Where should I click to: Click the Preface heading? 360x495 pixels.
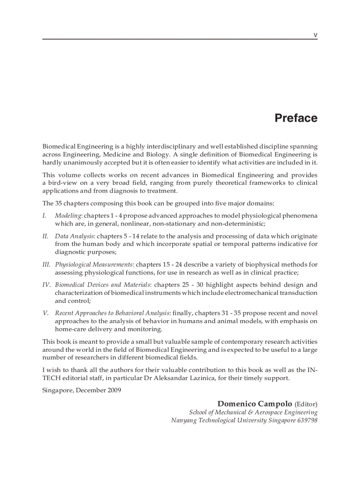click(296, 118)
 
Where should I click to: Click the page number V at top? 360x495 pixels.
click(315, 35)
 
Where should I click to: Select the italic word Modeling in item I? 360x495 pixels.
click(68, 216)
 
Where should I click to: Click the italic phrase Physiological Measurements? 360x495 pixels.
click(94, 264)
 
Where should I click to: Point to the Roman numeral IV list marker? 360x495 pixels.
click(46, 285)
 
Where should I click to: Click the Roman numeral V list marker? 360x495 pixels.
click(45, 313)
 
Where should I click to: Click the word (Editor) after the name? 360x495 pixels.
click(306, 404)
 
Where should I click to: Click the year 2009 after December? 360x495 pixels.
click(114, 390)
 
